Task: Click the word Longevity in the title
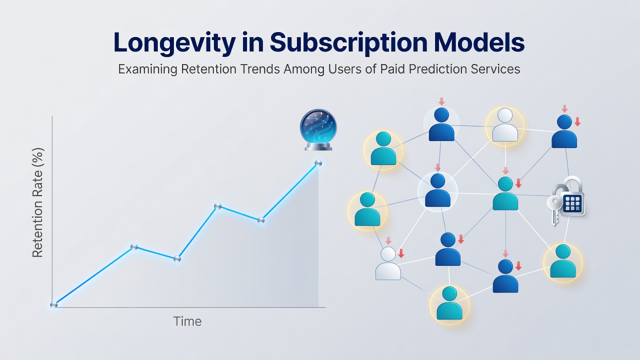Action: click(x=174, y=43)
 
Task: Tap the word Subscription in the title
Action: click(x=348, y=43)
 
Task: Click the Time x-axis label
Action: click(x=187, y=321)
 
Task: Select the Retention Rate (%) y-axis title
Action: click(x=37, y=202)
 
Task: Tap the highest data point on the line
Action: click(x=318, y=163)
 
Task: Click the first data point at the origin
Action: click(x=53, y=304)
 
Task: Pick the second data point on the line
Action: click(x=134, y=246)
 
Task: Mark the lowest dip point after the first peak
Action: click(x=177, y=258)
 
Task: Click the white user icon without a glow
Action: click(x=388, y=263)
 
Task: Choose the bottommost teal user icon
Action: click(x=449, y=303)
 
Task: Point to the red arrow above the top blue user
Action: click(x=441, y=101)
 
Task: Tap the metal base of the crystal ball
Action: click(x=318, y=146)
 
